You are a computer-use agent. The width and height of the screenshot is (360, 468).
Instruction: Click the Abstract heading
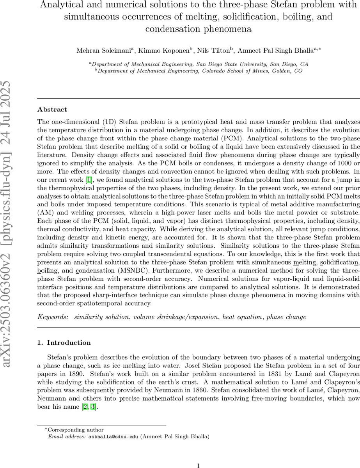(52, 110)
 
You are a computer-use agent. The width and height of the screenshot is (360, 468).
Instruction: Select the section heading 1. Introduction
(64, 343)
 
